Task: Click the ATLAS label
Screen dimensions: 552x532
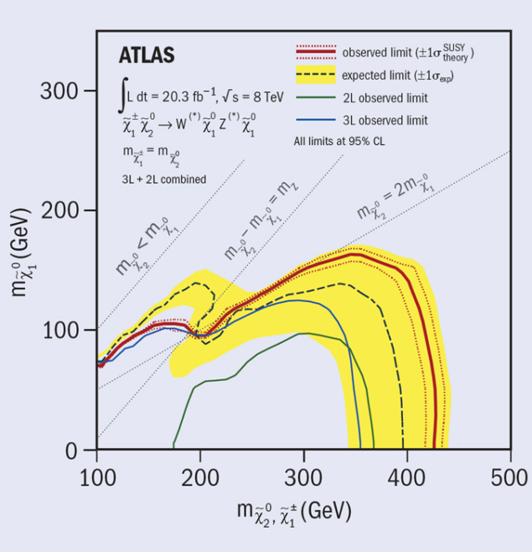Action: tap(146, 56)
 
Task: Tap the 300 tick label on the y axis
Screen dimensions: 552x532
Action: tap(59, 91)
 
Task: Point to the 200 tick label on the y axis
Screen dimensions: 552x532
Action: tap(59, 210)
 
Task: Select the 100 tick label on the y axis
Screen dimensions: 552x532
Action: tap(59, 330)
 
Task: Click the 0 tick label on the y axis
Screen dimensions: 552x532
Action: tap(72, 450)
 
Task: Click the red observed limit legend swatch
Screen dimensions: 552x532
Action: tap(315, 52)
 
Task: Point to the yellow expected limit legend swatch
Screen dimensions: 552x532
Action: tap(315, 75)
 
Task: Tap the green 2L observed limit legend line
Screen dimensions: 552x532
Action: tap(315, 98)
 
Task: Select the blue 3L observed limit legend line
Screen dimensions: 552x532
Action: tap(315, 120)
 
